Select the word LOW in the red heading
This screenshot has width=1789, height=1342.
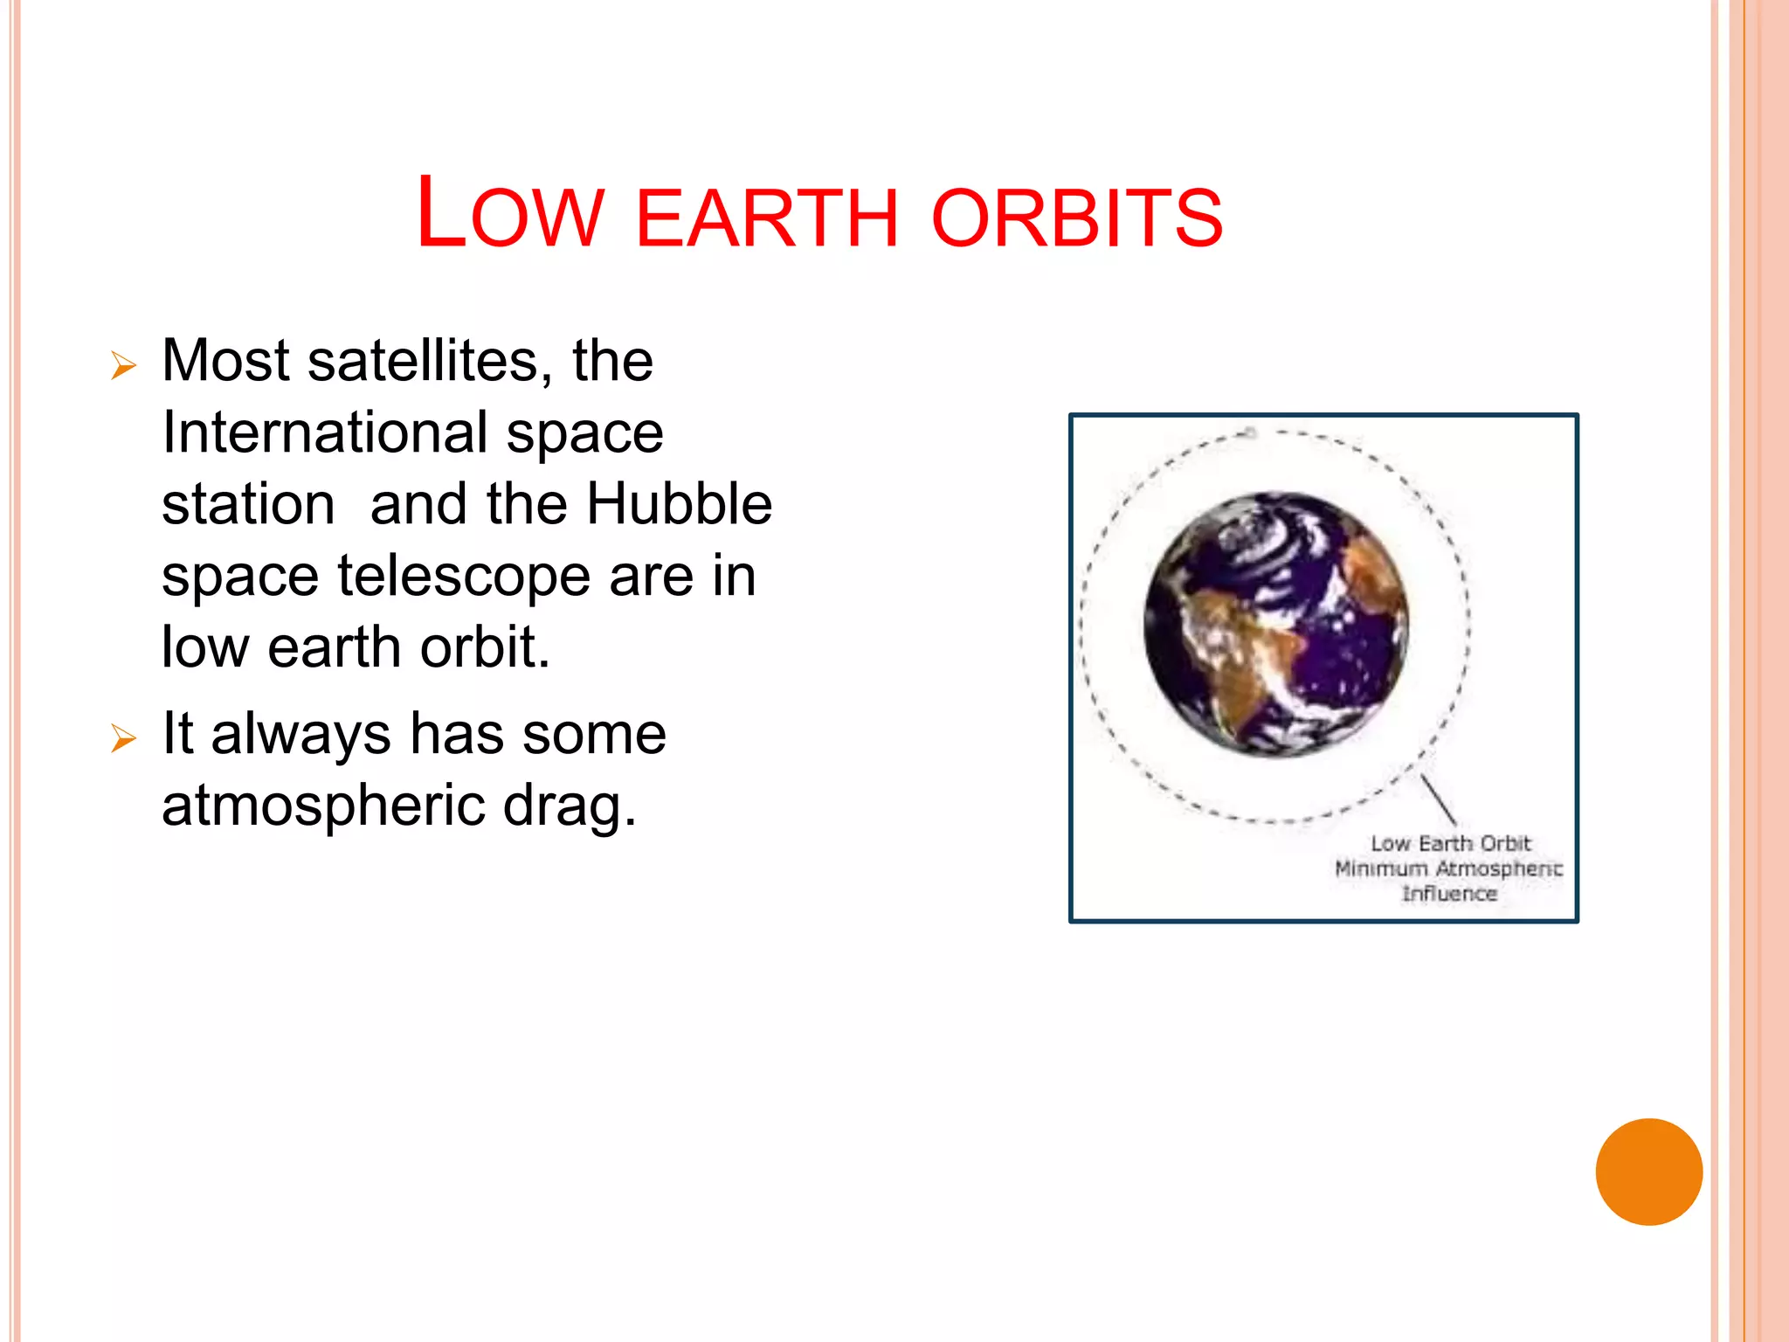point(509,214)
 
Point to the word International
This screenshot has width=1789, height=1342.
point(325,432)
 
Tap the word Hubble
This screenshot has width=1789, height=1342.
point(679,504)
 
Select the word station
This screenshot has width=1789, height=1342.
point(248,505)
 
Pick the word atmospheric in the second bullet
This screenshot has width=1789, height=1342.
point(322,806)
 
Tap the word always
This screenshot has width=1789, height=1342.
point(300,734)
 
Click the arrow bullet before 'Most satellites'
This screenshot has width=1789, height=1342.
point(124,365)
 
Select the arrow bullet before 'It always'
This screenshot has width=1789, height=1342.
point(124,739)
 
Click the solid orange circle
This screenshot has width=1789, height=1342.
point(1648,1172)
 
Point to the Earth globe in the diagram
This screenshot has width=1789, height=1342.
point(1276,624)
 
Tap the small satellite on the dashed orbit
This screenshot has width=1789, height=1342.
point(1250,432)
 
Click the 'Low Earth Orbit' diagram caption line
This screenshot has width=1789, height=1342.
point(1450,843)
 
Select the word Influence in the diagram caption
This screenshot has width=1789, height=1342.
point(1449,894)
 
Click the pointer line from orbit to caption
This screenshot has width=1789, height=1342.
point(1439,799)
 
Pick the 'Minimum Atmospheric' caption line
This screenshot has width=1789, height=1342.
point(1448,868)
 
